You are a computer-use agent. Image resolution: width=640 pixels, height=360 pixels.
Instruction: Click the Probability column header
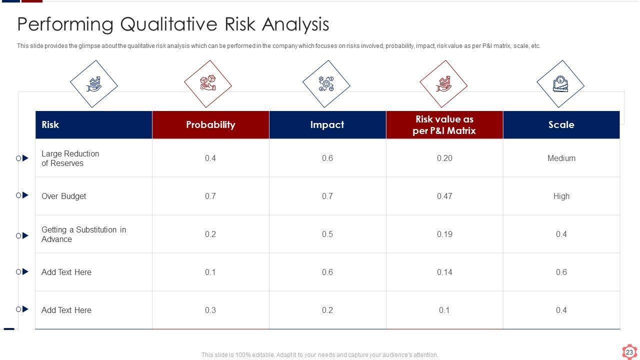(x=210, y=124)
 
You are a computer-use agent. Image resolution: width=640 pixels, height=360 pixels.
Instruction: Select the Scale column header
(x=561, y=124)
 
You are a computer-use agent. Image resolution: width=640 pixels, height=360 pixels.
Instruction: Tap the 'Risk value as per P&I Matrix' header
(x=444, y=125)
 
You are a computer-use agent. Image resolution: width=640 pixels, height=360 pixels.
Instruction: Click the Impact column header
(x=327, y=124)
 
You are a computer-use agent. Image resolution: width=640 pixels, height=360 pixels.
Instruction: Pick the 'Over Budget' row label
(x=63, y=196)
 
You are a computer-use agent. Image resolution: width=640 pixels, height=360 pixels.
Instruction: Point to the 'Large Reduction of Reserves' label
(x=70, y=158)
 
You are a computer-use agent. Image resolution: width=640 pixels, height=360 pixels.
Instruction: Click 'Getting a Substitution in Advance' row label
(x=83, y=234)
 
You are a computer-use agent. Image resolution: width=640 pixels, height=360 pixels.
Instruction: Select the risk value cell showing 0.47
(x=444, y=196)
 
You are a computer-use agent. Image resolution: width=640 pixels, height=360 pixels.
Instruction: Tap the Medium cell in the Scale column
(x=561, y=158)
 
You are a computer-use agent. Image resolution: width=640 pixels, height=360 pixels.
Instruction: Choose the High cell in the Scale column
(x=561, y=196)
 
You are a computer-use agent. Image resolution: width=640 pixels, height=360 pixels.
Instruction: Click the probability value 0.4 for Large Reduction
(x=210, y=158)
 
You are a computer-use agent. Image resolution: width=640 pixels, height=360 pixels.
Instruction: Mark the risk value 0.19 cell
(x=444, y=234)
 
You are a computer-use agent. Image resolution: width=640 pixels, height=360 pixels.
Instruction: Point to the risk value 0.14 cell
(x=444, y=272)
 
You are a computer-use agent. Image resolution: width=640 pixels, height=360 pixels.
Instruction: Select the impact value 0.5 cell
(x=327, y=234)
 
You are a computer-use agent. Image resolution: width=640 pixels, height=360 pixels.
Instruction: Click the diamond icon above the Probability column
(x=208, y=84)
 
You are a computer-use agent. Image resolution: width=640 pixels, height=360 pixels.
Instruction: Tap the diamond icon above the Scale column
(x=560, y=84)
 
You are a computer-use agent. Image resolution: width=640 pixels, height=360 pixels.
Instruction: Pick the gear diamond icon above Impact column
(x=326, y=84)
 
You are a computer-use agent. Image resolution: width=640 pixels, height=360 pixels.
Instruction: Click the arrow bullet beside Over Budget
(x=25, y=195)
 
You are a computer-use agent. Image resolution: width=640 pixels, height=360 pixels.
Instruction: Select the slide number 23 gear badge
(x=629, y=352)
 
